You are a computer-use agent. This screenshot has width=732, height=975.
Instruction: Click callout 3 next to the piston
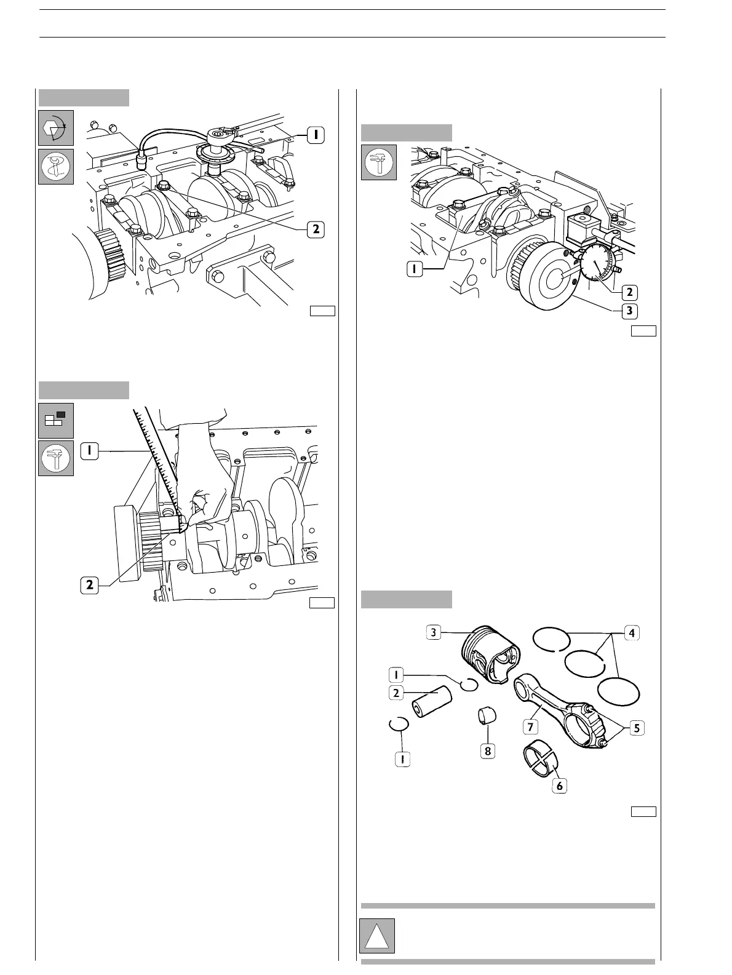(434, 632)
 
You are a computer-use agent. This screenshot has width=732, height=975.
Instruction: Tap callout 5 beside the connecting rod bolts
(637, 728)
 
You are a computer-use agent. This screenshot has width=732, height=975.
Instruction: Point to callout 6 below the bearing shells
(559, 786)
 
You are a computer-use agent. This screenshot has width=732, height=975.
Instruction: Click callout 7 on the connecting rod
(530, 726)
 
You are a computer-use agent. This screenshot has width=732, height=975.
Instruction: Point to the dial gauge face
(596, 263)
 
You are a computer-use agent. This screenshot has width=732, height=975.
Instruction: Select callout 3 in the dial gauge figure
(629, 311)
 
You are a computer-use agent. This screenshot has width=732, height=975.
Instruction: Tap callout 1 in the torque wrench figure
(315, 134)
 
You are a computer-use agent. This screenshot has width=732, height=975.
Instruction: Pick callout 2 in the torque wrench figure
(315, 229)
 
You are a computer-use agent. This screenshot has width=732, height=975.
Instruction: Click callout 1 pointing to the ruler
(90, 451)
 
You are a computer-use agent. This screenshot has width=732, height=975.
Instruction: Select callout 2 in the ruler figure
(90, 585)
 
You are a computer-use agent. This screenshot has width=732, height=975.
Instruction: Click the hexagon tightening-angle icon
(56, 128)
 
